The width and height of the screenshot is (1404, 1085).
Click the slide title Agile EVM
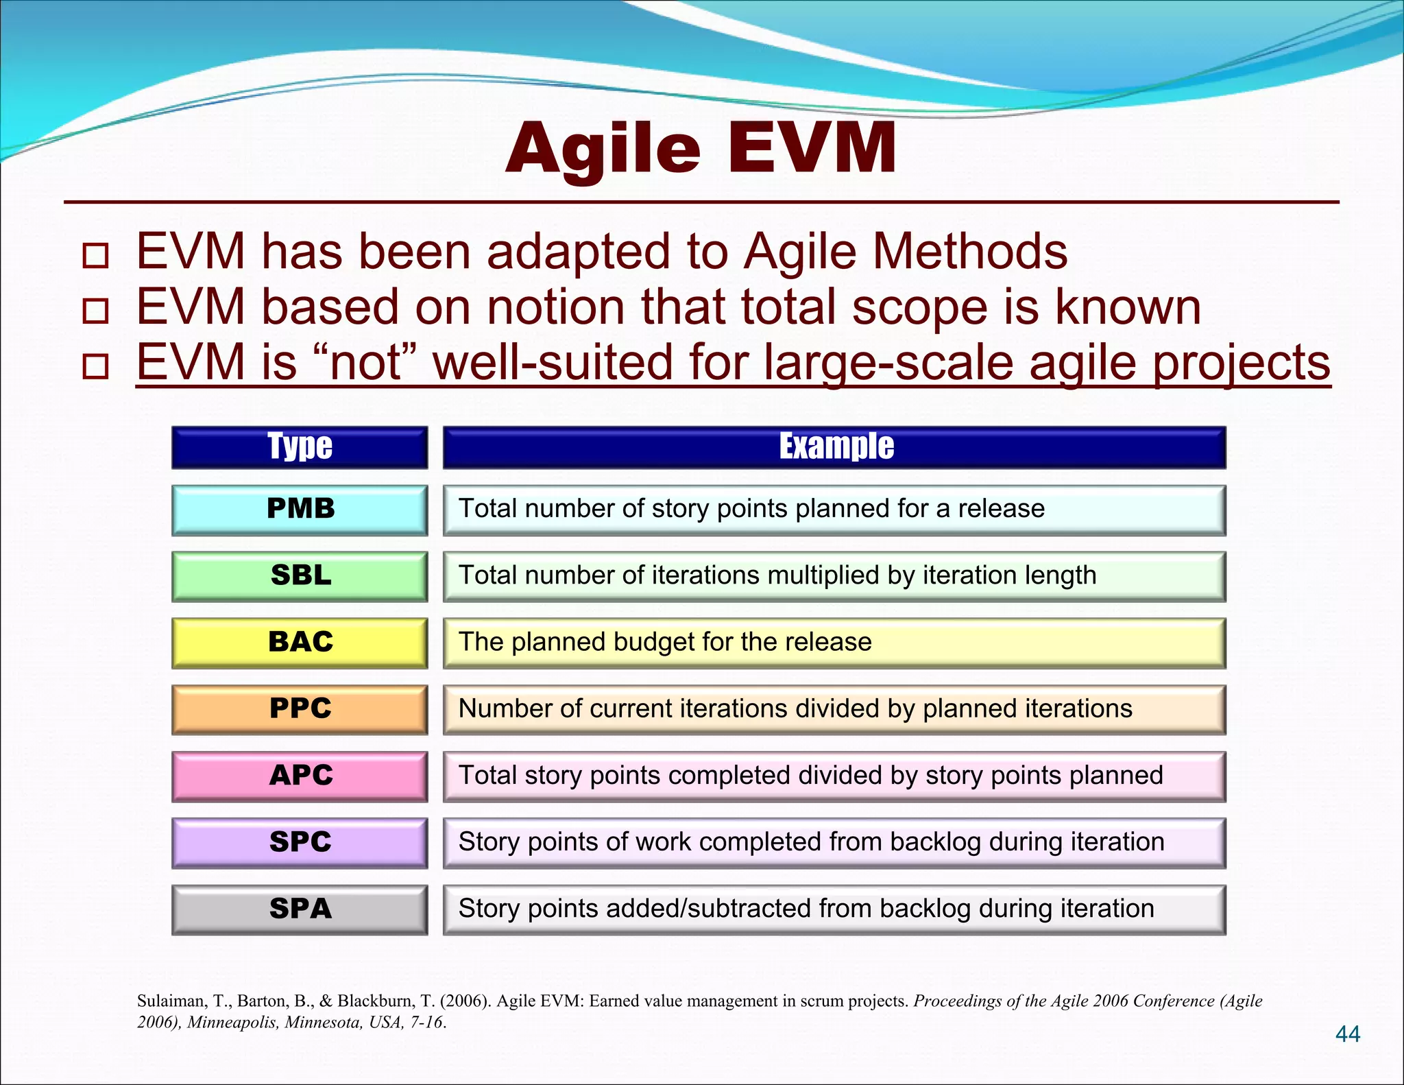click(x=701, y=149)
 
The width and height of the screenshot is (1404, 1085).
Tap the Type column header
click(x=300, y=447)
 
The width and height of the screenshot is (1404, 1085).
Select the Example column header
click(x=835, y=447)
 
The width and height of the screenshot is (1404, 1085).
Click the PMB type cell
click(x=300, y=510)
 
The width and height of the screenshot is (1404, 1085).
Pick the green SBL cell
click(x=300, y=576)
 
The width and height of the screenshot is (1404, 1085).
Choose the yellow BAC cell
click(x=300, y=643)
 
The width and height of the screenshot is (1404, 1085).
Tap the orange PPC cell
click(x=300, y=709)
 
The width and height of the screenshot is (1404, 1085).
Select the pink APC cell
click(x=300, y=776)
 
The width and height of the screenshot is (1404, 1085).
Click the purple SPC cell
click(x=300, y=842)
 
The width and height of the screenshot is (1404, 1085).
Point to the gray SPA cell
click(x=300, y=909)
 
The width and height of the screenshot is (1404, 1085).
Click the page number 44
click(x=1347, y=1034)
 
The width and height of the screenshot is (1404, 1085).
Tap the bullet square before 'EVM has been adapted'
click(x=95, y=256)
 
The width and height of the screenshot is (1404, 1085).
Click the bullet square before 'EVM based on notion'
click(x=95, y=311)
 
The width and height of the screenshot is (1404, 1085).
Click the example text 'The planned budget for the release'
click(x=664, y=642)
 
